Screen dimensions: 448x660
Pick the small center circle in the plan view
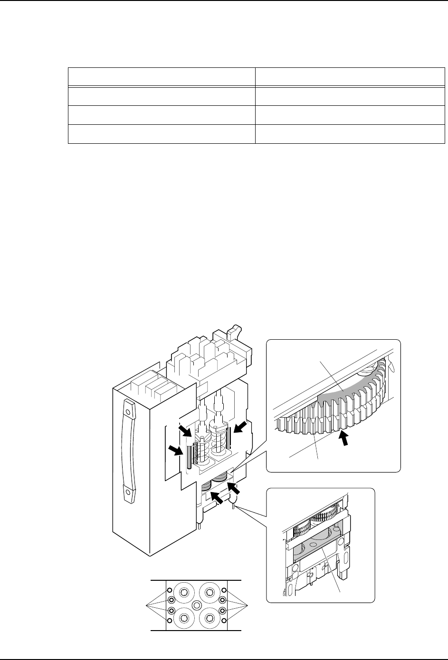point(197,605)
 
